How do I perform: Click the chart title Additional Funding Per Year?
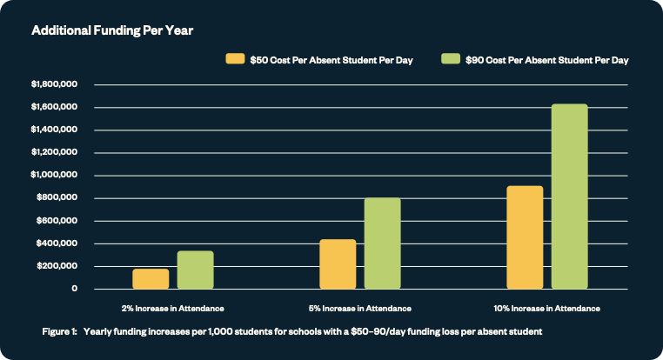point(112,30)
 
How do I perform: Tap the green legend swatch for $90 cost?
point(451,59)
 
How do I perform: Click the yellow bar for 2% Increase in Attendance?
point(151,278)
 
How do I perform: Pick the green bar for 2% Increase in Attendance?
point(195,270)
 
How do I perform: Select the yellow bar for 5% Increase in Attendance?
point(338,263)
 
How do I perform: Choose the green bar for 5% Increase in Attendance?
point(382,243)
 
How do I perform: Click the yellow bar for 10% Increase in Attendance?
point(525,237)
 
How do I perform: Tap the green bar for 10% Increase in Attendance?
point(569,196)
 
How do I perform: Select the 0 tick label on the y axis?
point(76,289)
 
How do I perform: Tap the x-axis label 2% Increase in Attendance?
point(172,308)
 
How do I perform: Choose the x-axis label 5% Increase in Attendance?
point(359,308)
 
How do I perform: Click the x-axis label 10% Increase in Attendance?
point(547,308)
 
